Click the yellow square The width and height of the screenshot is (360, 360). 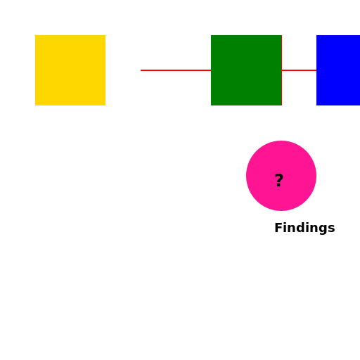click(70, 70)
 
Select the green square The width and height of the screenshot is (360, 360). click(246, 70)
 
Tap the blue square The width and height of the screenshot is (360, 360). click(338, 70)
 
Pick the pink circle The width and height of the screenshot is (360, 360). click(281, 176)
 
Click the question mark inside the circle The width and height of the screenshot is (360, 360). click(279, 180)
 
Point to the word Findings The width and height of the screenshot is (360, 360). click(304, 228)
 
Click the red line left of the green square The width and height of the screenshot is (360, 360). click(176, 70)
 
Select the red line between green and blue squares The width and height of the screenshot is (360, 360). click(299, 70)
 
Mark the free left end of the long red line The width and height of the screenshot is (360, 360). click(141, 70)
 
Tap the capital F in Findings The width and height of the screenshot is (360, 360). click(278, 227)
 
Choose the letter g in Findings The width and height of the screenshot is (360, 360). click(320, 229)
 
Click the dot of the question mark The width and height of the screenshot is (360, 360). click(278, 185)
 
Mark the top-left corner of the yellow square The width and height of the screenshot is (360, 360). click(35, 35)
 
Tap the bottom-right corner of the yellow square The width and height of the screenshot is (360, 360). click(105, 105)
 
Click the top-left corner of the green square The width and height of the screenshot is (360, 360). click(211, 35)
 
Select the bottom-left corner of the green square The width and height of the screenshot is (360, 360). click(211, 105)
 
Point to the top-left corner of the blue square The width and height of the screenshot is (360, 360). click(316, 35)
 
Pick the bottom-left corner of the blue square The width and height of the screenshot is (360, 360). click(316, 105)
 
